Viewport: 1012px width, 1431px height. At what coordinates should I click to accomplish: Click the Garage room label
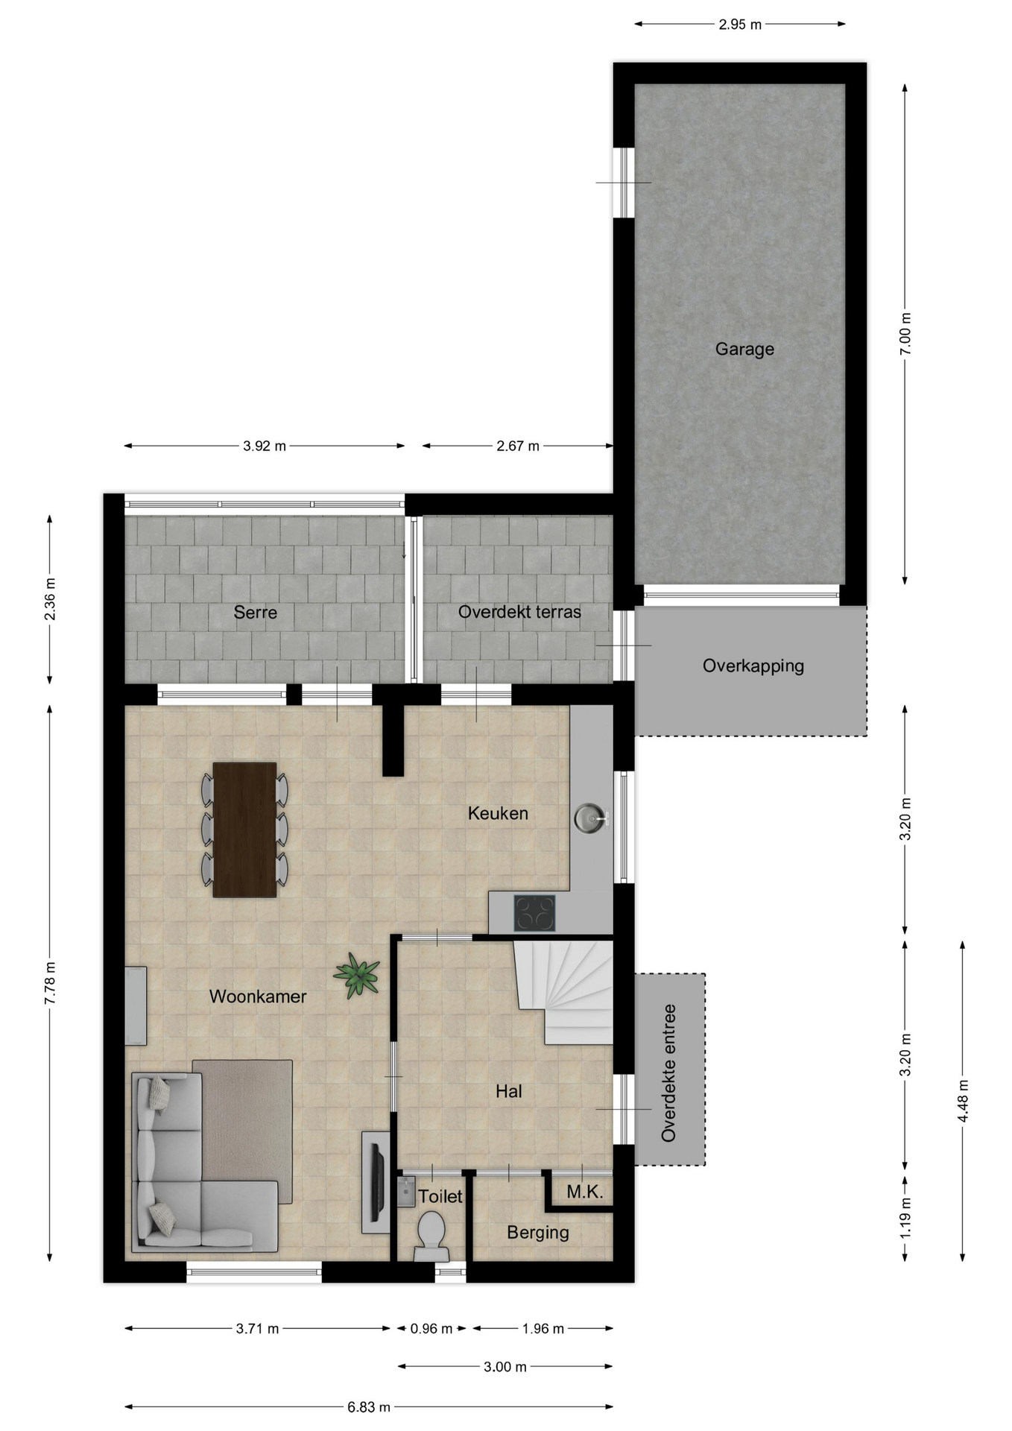(x=744, y=349)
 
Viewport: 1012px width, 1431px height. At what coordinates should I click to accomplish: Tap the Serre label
(x=255, y=613)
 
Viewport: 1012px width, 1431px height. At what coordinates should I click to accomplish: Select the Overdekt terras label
(x=519, y=612)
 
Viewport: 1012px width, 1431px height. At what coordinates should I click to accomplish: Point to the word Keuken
(x=498, y=813)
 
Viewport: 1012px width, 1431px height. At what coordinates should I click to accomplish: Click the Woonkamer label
(x=258, y=996)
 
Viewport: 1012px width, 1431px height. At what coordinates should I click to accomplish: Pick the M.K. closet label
(x=585, y=1192)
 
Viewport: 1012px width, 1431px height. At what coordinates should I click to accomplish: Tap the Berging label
(x=538, y=1233)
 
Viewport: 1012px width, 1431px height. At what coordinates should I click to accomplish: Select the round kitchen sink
(x=591, y=818)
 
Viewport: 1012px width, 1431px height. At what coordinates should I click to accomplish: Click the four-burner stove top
(x=534, y=913)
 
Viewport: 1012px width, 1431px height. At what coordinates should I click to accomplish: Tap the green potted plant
(x=358, y=974)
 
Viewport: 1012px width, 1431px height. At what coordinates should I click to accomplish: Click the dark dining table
(x=244, y=830)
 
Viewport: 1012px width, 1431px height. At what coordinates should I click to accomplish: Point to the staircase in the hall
(x=564, y=992)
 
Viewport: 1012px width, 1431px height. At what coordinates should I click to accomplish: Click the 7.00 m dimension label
(x=905, y=333)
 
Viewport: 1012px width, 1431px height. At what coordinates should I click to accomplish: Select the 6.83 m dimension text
(x=369, y=1407)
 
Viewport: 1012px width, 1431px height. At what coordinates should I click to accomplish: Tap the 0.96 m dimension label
(x=431, y=1328)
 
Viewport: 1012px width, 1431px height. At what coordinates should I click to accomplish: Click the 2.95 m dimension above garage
(x=740, y=25)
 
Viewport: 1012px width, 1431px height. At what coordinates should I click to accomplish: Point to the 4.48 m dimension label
(x=963, y=1101)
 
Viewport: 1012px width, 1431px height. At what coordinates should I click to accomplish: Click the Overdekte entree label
(x=668, y=1073)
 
